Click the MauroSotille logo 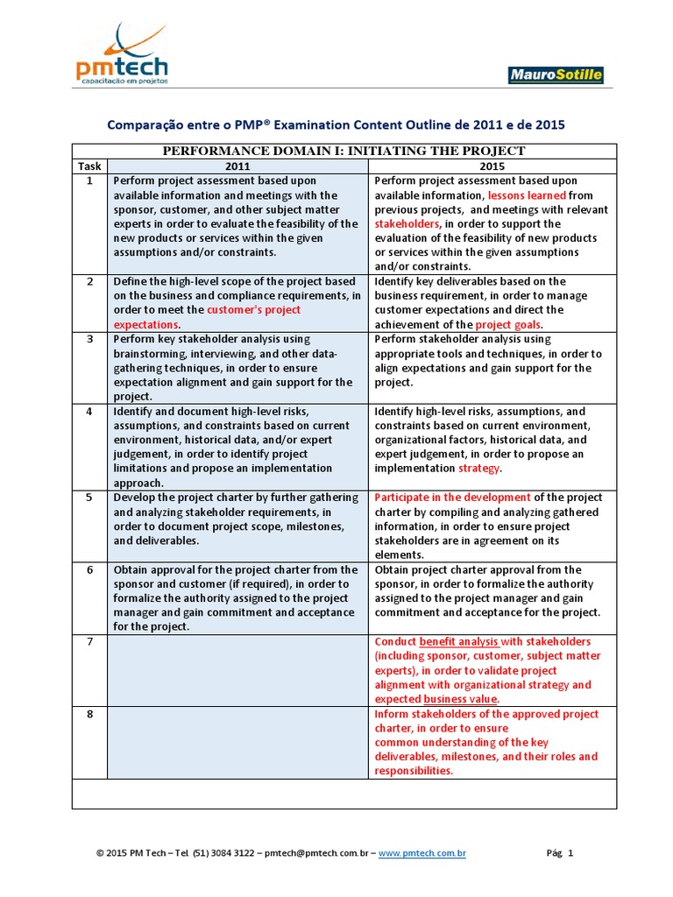[x=555, y=75]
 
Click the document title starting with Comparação [x=336, y=125]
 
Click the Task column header [x=89, y=166]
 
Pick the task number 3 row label [x=89, y=339]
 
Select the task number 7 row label [x=89, y=642]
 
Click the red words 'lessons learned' [x=527, y=195]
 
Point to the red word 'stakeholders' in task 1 [x=408, y=224]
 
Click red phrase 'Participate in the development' [x=452, y=498]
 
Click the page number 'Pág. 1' [x=560, y=853]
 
